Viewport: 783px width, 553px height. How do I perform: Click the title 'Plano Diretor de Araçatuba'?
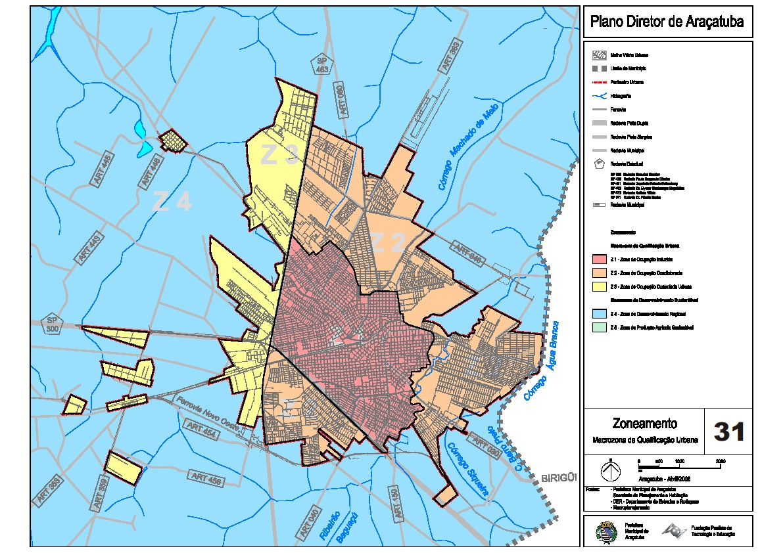[x=667, y=22]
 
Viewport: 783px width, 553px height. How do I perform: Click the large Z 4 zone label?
[x=172, y=201]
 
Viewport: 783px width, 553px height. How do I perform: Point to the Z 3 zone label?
[x=280, y=154]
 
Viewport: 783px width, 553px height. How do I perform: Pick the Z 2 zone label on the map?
[x=389, y=244]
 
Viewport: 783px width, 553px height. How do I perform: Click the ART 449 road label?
[x=90, y=249]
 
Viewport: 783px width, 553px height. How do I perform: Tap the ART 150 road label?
[x=394, y=504]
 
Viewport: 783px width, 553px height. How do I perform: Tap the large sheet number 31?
[x=729, y=432]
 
